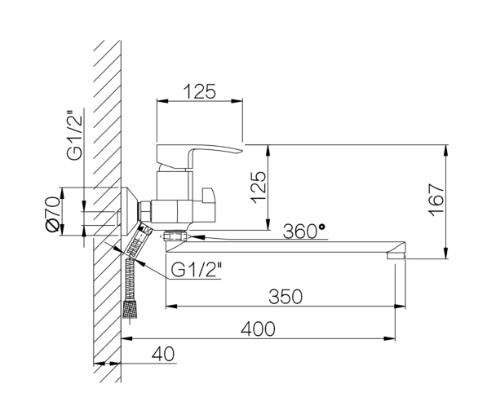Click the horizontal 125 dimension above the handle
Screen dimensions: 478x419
(200, 91)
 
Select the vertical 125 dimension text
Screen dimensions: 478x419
(259, 187)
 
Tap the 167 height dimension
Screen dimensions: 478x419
(436, 200)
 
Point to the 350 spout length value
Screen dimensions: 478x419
(285, 297)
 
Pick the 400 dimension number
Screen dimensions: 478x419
(258, 329)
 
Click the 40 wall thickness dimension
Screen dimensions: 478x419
(163, 354)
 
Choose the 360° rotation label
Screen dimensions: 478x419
(303, 231)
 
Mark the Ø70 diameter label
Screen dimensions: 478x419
(52, 214)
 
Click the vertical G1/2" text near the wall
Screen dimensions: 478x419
(75, 134)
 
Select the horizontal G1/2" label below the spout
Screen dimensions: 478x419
(197, 269)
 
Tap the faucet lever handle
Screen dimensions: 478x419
(200, 157)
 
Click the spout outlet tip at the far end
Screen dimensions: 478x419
(396, 255)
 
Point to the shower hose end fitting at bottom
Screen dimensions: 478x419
(130, 309)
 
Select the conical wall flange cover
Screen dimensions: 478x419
(131, 211)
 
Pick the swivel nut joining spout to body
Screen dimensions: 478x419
(175, 236)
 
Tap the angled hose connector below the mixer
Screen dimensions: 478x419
(139, 240)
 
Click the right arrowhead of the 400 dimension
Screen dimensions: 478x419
(389, 338)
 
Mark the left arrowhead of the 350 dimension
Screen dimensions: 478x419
(171, 306)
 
